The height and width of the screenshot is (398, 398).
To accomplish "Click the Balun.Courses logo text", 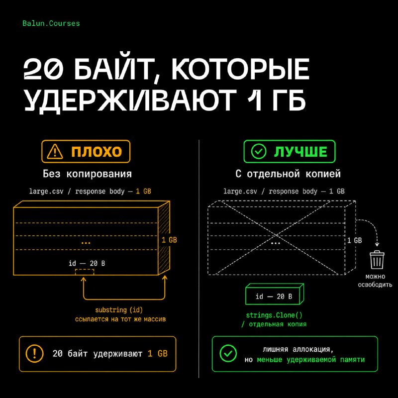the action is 51,23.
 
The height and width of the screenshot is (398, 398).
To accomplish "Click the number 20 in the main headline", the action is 43,69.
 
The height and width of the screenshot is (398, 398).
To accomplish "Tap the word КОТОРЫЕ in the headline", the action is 240,69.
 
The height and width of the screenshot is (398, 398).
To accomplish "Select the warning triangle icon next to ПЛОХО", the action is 55,152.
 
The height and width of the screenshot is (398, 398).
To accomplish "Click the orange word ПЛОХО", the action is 97,152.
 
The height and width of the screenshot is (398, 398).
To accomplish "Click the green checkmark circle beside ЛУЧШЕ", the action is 259,152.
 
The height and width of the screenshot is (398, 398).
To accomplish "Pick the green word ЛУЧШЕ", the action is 300,152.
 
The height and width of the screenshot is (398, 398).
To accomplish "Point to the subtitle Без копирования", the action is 87,174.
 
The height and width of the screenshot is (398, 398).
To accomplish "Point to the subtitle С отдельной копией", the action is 288,174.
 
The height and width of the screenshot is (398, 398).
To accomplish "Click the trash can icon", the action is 377,259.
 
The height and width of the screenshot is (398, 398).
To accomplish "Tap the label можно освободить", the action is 375,281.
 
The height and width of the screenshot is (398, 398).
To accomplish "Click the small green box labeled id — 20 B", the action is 275,294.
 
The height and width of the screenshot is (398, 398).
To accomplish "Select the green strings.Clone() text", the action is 274,315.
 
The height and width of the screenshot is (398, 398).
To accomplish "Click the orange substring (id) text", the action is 119,310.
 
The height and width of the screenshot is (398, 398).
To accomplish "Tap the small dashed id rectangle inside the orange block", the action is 85,272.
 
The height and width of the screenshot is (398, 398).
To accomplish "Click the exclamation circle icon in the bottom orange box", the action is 34,354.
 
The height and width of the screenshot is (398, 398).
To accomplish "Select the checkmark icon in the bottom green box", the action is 228,353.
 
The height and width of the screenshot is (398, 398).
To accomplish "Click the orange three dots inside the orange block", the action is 86,243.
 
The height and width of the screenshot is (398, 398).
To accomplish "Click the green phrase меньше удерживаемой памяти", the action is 310,360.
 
